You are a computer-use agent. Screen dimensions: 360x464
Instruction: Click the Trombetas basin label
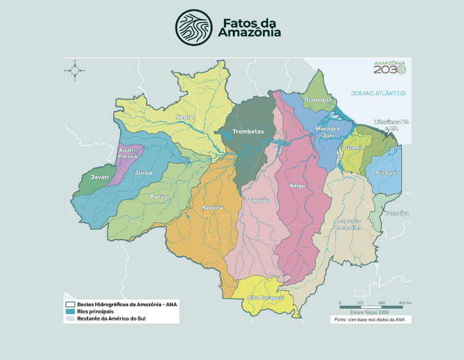[248, 132]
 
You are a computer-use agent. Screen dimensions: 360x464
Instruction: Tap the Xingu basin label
[298, 186]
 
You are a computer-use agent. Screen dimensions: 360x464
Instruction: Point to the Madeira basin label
[212, 208]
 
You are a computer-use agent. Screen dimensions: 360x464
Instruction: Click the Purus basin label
[159, 197]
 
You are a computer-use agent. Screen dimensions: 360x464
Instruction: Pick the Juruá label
[143, 173]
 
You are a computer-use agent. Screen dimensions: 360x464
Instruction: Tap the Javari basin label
[100, 176]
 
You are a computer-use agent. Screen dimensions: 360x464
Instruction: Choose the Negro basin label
[184, 117]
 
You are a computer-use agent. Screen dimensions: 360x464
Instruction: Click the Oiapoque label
[317, 100]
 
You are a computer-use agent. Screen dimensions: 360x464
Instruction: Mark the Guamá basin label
[353, 148]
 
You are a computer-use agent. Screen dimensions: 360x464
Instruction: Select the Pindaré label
[385, 173]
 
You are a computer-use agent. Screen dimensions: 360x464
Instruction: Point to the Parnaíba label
[396, 213]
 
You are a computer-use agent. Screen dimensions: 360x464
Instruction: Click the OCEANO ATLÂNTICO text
[378, 93]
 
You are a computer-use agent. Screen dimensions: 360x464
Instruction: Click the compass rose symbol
[74, 70]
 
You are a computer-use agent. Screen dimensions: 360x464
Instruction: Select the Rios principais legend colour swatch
[70, 311]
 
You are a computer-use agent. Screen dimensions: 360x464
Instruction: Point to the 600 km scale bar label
[404, 302]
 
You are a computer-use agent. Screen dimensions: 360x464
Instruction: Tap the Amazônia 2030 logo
[389, 67]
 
